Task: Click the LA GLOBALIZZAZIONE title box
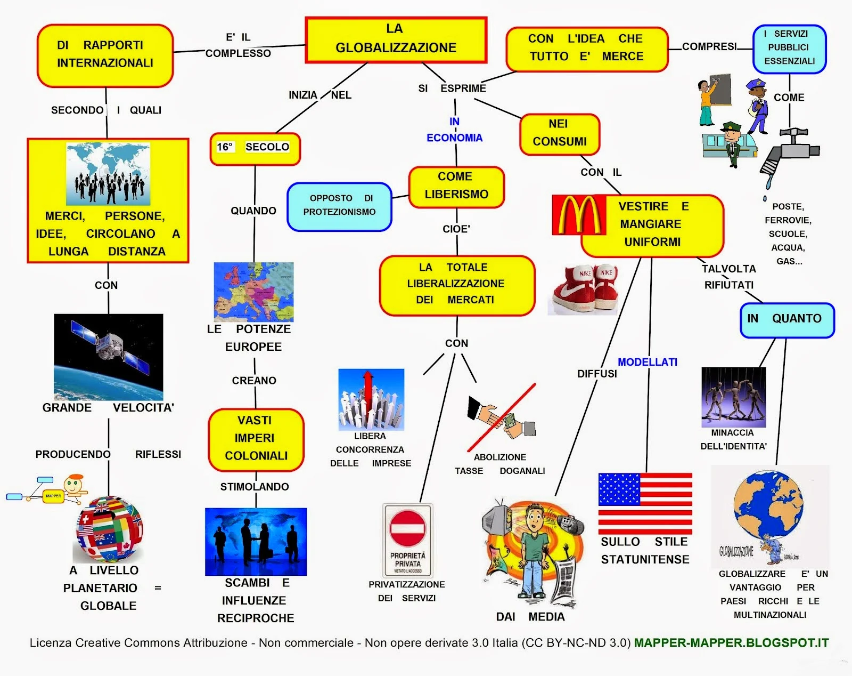(x=396, y=39)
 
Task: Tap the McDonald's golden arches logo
(x=579, y=215)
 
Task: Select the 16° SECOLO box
(x=255, y=148)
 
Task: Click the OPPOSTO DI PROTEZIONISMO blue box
(x=339, y=206)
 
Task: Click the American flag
(x=645, y=503)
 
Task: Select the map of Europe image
(x=253, y=291)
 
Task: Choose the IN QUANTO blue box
(x=787, y=319)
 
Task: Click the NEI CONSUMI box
(x=560, y=133)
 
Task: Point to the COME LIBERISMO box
(x=456, y=186)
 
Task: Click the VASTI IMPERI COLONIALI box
(x=256, y=439)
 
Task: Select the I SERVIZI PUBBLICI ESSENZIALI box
(x=789, y=48)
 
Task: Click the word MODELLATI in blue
(x=647, y=362)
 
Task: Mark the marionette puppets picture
(x=733, y=396)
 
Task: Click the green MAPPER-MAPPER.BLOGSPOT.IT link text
(x=731, y=643)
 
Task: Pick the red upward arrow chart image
(x=371, y=399)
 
